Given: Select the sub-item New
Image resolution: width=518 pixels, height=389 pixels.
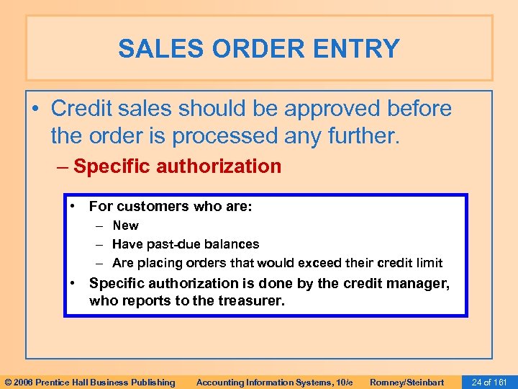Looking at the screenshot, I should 125,225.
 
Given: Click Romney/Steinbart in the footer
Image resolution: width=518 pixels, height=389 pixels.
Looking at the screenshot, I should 406,382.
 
